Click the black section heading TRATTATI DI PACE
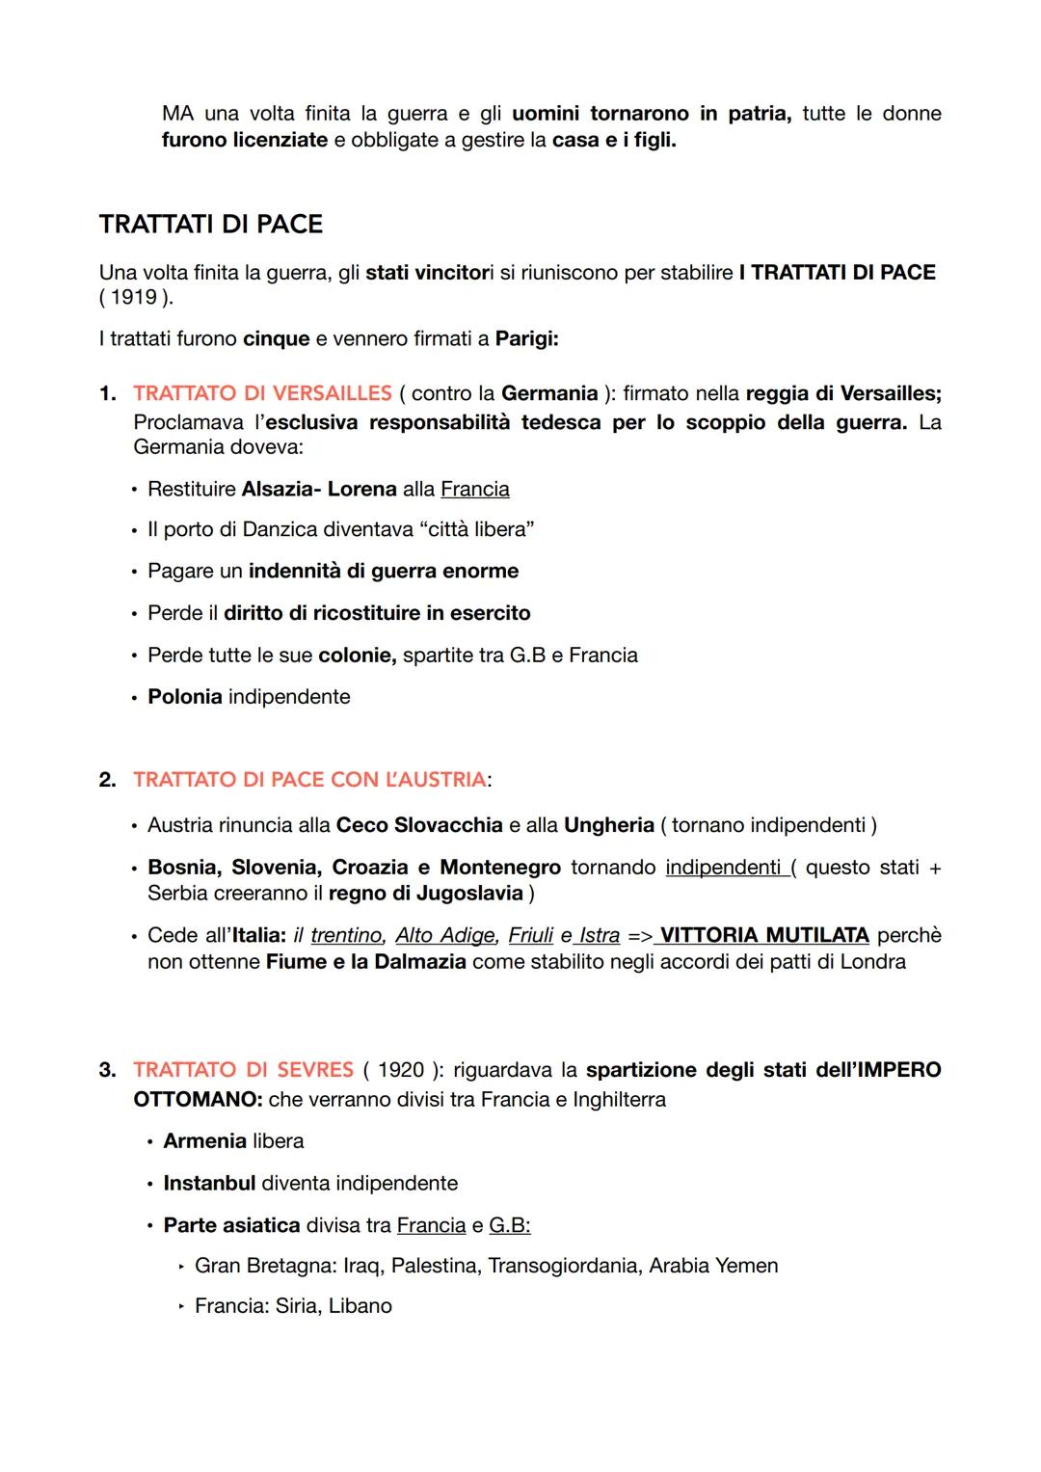point(210,225)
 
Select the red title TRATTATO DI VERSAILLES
point(262,393)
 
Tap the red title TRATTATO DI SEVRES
point(244,1070)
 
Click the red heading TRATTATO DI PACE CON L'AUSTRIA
point(309,779)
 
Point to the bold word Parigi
point(526,339)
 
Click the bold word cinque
point(276,339)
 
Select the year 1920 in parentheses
point(401,1070)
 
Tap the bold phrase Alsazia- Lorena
point(319,489)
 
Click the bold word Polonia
point(184,697)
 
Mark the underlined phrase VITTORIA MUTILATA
point(764,935)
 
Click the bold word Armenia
point(204,1141)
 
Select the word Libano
point(360,1306)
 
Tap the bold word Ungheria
point(609,825)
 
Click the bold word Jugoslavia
point(469,893)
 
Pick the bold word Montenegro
point(500,868)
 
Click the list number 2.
point(107,779)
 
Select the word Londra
point(874,962)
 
